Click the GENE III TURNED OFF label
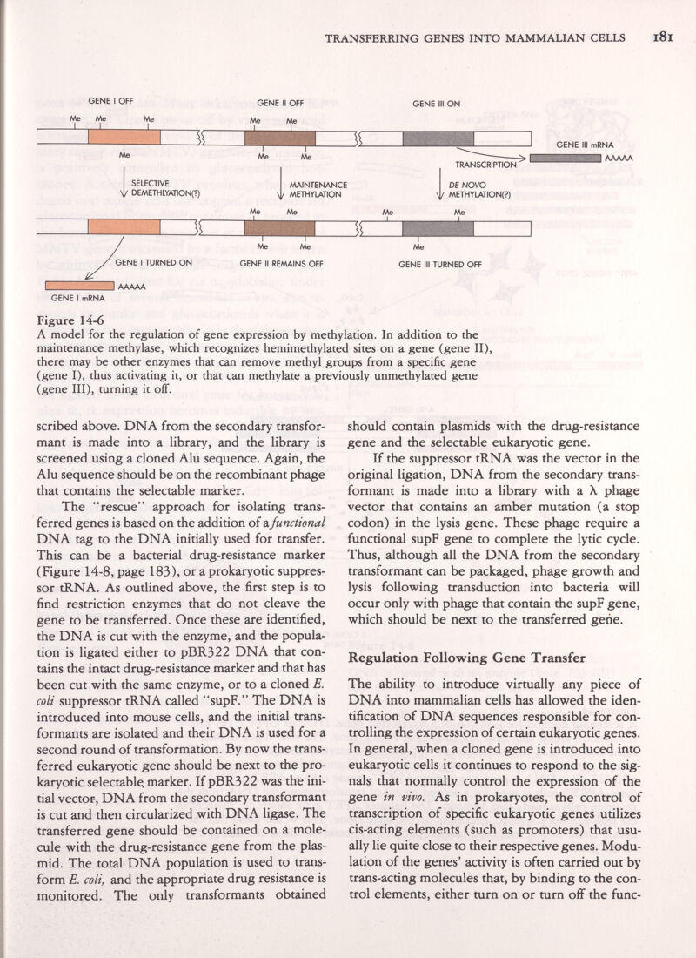(x=439, y=261)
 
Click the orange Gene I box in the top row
(x=124, y=138)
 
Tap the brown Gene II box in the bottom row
(x=279, y=229)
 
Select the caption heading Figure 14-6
(x=62, y=319)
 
